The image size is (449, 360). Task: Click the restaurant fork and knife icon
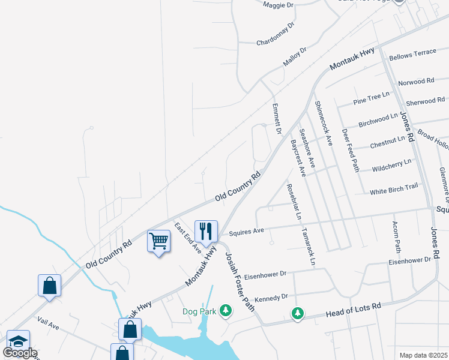(205, 231)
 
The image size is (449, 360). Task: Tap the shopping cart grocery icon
(159, 241)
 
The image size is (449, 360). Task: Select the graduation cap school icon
(18, 342)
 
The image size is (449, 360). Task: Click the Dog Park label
(200, 312)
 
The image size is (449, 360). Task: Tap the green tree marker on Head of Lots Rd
(298, 313)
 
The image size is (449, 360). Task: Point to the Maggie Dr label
(278, 5)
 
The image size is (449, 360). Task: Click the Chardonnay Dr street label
(276, 34)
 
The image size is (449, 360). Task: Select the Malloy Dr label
(295, 58)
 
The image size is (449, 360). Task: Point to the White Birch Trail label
(393, 190)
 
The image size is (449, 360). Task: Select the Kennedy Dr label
(272, 297)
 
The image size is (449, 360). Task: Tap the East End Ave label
(188, 239)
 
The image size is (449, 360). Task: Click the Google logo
(20, 353)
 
